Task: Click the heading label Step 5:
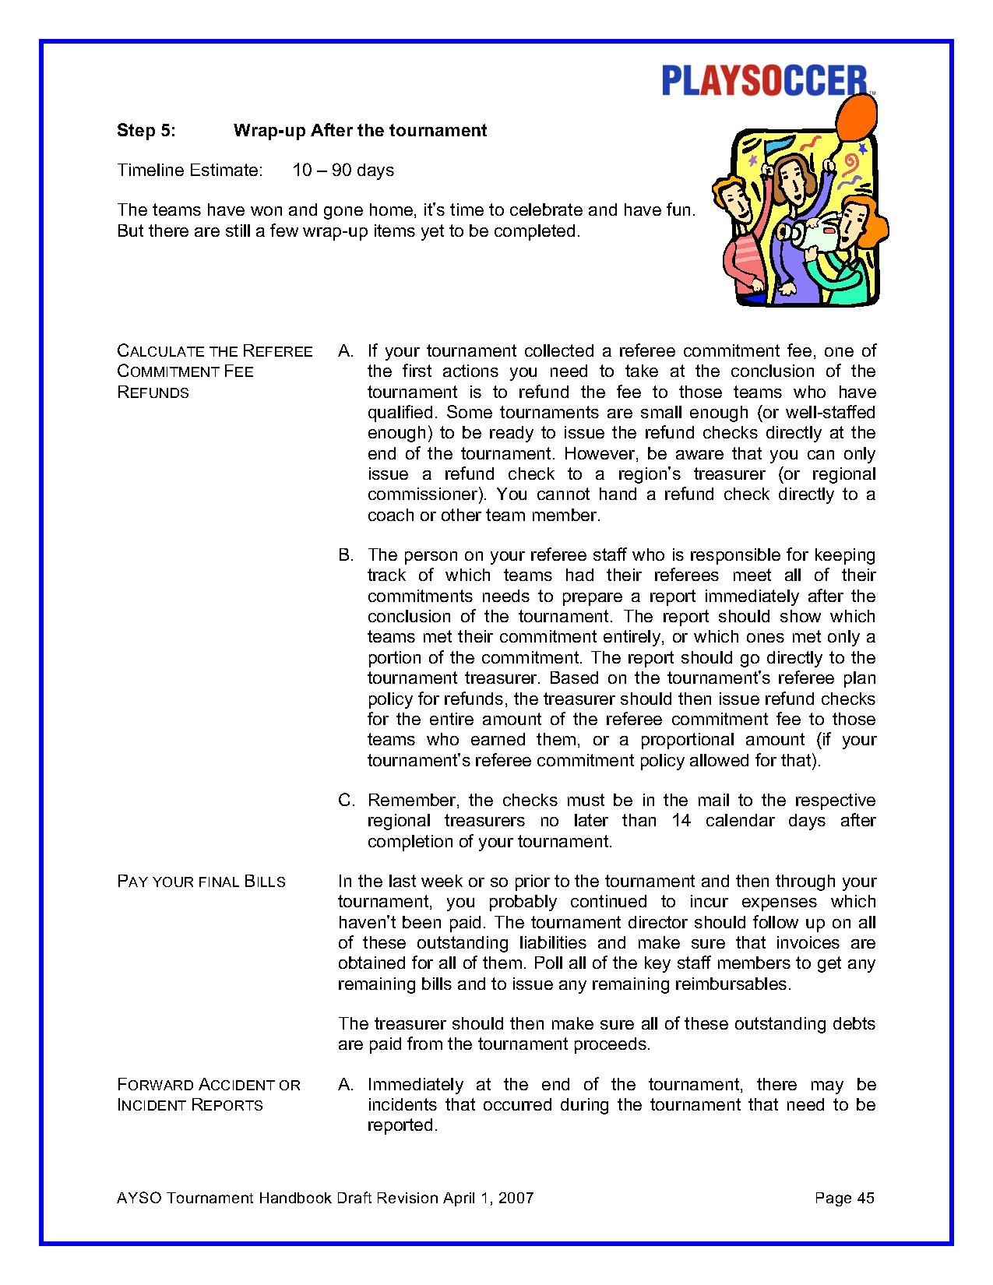coord(146,130)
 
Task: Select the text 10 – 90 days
coord(343,170)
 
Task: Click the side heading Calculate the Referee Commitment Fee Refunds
coord(214,371)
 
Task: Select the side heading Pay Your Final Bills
coord(201,882)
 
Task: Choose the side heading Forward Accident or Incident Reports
coord(208,1094)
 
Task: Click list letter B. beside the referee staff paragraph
coord(346,554)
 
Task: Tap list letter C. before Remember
coord(346,800)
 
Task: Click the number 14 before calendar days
coord(681,821)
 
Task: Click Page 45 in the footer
coord(844,1197)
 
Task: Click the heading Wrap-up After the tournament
coord(360,130)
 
